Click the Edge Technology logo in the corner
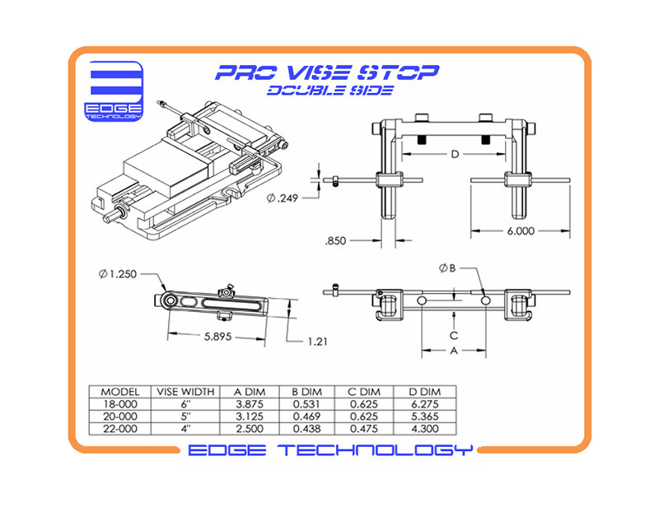[115, 91]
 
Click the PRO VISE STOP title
[326, 72]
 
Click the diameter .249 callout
[283, 198]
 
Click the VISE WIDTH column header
[185, 392]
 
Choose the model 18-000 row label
[119, 404]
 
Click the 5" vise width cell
[185, 417]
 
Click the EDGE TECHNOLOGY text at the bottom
[330, 450]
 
